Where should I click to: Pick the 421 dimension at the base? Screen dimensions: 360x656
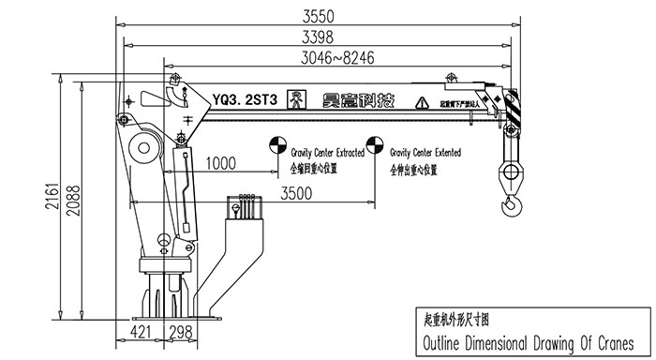(x=142, y=331)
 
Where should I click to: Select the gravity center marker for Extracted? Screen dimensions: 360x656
(x=277, y=145)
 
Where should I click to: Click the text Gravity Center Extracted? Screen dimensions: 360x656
(x=326, y=151)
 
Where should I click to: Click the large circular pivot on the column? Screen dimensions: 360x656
(x=144, y=147)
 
